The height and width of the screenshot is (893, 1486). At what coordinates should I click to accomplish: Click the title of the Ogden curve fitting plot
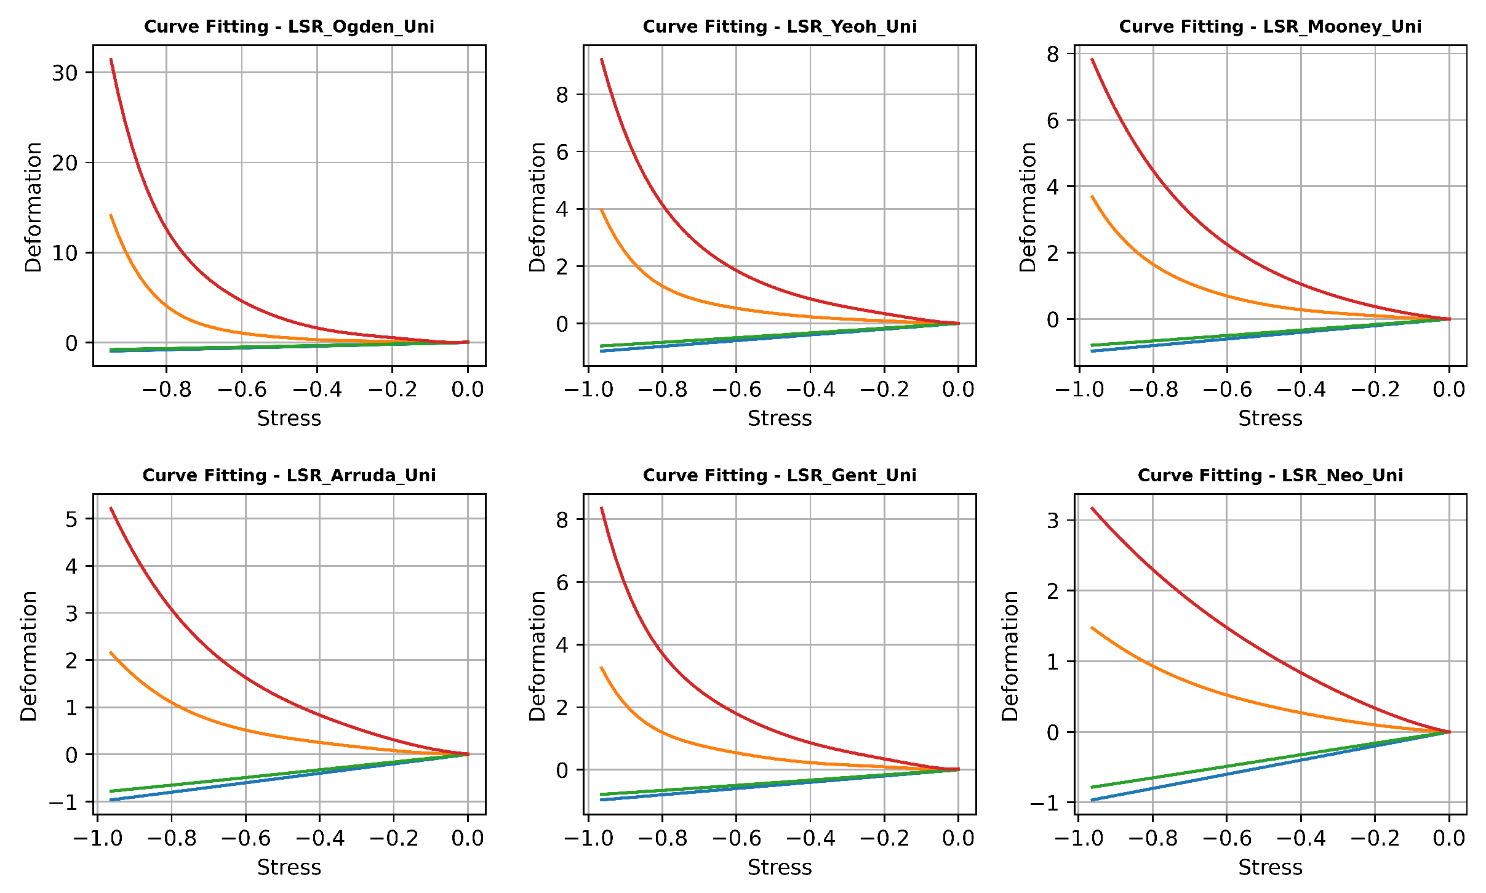(289, 27)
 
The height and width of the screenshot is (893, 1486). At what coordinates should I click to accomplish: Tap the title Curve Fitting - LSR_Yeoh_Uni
(780, 27)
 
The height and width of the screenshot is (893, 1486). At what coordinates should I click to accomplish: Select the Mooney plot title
(1270, 27)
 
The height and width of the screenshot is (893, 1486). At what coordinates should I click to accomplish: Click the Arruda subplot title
(289, 476)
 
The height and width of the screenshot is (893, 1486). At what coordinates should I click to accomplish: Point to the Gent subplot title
(780, 476)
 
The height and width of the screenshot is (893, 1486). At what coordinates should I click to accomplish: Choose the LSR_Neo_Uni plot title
(1270, 476)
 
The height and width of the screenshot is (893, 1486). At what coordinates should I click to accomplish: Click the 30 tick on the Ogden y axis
(65, 73)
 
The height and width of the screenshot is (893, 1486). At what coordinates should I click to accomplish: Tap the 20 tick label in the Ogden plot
(65, 163)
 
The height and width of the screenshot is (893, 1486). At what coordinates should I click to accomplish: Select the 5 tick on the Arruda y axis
(71, 519)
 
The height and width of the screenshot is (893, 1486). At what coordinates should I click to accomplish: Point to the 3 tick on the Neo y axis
(1053, 521)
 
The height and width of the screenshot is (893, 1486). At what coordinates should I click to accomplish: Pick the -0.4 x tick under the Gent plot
(810, 838)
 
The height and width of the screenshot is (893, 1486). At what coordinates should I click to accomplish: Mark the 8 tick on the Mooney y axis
(1053, 55)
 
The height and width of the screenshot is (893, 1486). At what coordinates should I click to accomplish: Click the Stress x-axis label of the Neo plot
(1270, 867)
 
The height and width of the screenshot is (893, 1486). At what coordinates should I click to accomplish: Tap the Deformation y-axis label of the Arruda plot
(29, 655)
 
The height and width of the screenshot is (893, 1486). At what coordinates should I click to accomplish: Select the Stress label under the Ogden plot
(289, 418)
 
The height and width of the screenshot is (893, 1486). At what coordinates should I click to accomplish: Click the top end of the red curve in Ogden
(111, 60)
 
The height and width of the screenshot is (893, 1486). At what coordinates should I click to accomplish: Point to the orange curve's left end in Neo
(1092, 628)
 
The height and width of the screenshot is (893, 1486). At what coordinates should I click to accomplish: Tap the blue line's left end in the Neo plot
(1092, 800)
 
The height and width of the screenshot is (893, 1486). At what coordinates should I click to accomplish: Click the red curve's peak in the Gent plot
(601, 508)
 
